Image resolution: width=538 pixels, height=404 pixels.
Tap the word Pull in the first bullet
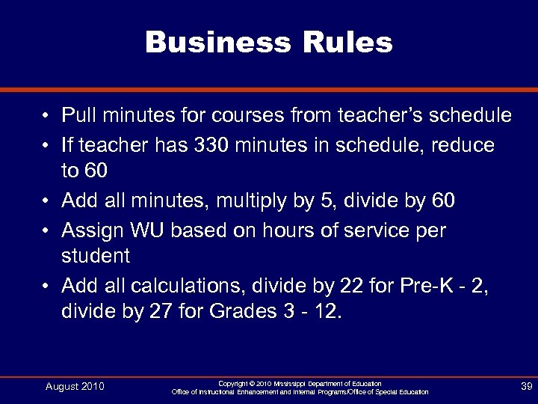tap(77, 115)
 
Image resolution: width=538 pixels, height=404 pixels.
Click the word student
tap(96, 257)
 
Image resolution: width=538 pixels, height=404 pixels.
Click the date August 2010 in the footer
tap(75, 387)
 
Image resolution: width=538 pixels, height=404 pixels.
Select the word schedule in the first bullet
tap(464, 115)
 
